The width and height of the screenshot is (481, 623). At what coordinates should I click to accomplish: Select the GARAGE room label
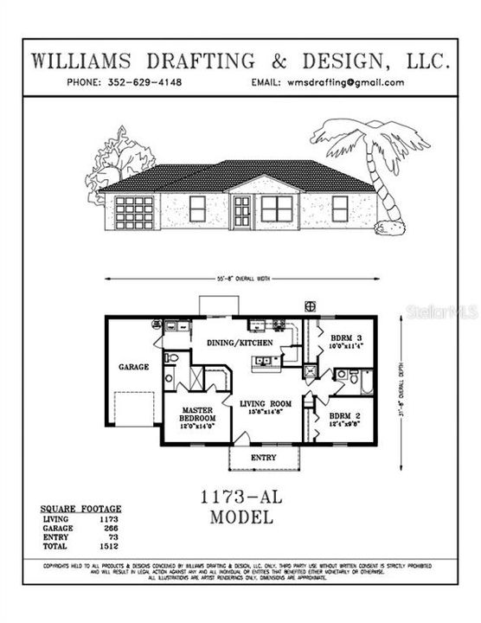coord(134,367)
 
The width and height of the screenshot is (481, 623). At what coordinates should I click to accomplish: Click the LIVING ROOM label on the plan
coord(265,403)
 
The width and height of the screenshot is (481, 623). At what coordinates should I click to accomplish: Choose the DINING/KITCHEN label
coord(240,344)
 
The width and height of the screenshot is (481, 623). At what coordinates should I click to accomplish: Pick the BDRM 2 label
coord(346,415)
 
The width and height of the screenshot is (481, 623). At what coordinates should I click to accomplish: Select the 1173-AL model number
coord(241,499)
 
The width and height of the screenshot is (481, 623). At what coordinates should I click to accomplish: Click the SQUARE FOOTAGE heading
coord(81,509)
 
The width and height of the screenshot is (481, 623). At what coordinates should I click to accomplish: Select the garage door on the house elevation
coord(134,213)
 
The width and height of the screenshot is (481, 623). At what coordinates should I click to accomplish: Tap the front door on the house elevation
coord(241,211)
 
